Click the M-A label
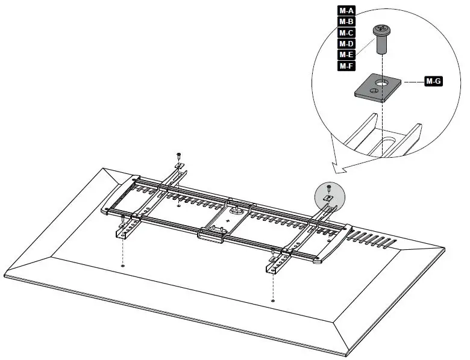[346, 10]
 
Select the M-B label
[346, 22]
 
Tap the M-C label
[346, 33]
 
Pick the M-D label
[346, 44]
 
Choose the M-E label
[346, 55]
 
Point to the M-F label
[346, 66]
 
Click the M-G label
[433, 81]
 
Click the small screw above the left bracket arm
[178, 156]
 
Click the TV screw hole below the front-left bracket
[123, 265]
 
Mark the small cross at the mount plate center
[228, 222]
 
